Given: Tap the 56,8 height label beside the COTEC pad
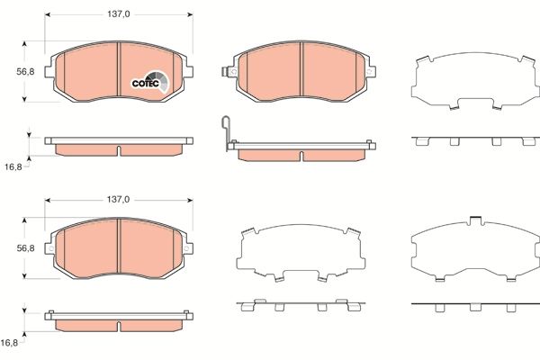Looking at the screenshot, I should point(26,72).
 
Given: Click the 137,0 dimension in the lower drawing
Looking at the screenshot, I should point(119,198).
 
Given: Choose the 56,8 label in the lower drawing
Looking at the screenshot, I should point(26,249).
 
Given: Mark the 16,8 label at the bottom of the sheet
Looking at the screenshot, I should point(10,343).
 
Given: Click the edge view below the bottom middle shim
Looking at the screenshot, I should point(299,305).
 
